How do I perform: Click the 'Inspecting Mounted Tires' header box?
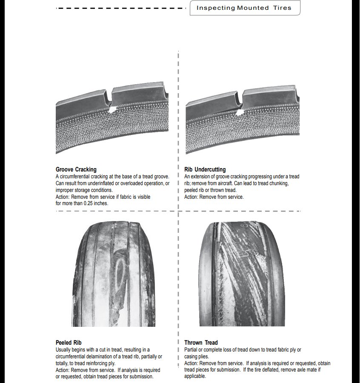245,8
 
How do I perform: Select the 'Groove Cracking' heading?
76,169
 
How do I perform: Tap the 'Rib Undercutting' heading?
205,169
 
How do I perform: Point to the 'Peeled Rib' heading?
69,343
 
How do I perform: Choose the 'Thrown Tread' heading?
201,343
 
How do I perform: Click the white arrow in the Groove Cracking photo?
113,110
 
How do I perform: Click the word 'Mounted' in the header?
253,8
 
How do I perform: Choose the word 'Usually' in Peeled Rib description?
63,350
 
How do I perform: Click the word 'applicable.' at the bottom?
195,377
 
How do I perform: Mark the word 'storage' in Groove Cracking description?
81,190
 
